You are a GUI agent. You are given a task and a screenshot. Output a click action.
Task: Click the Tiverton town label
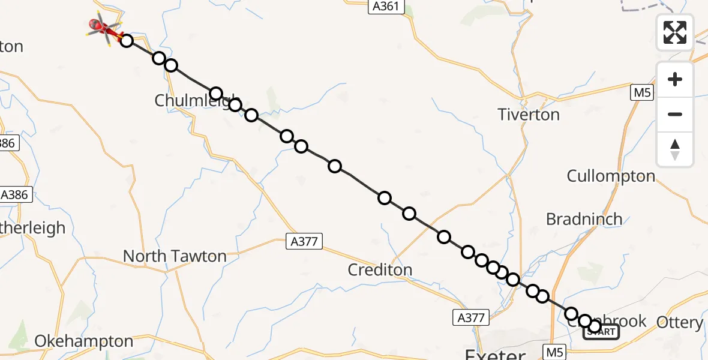(x=529, y=115)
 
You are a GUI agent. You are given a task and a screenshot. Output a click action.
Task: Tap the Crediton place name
(x=380, y=270)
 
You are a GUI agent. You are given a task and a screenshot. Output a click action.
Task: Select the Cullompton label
(x=611, y=176)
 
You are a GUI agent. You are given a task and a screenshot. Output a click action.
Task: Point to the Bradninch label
(x=584, y=220)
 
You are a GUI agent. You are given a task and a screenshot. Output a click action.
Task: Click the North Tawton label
(x=175, y=256)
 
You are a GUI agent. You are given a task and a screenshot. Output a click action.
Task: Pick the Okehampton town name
(x=83, y=341)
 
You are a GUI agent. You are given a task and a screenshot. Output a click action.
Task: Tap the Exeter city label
(x=495, y=352)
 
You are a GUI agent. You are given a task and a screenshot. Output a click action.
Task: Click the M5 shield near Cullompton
(x=642, y=93)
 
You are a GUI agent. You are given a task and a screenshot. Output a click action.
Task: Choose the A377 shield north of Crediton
(x=304, y=242)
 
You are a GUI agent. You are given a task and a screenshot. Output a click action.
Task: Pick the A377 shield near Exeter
(x=470, y=317)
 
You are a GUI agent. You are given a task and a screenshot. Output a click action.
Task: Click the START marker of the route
(x=601, y=331)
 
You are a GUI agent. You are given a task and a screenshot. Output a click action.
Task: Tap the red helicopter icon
(x=103, y=27)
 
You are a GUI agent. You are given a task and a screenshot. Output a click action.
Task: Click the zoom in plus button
(x=675, y=79)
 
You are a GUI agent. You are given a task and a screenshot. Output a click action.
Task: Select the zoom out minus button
(x=675, y=114)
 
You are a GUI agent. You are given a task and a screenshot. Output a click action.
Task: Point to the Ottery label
(x=680, y=323)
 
